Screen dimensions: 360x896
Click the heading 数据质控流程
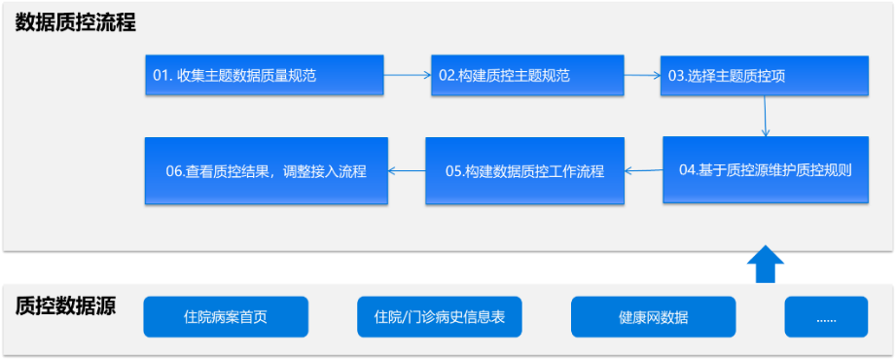click(75, 23)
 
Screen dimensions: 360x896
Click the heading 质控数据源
click(66, 306)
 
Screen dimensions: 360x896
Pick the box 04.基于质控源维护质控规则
click(765, 170)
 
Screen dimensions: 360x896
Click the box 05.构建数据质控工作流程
click(524, 170)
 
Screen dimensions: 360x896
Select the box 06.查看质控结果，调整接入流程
click(266, 170)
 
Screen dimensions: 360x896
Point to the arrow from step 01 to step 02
click(408, 74)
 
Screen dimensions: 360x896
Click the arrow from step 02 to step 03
click(642, 74)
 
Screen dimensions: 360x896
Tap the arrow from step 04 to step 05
click(643, 171)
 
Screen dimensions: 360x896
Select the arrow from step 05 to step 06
click(407, 171)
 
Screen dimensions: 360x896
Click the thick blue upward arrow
click(766, 264)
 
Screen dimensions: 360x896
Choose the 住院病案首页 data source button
click(226, 317)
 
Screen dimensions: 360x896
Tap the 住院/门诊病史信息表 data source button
click(440, 317)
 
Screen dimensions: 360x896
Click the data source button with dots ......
click(826, 317)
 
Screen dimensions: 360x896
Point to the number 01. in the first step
click(162, 75)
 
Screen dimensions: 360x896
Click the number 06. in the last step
click(176, 171)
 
